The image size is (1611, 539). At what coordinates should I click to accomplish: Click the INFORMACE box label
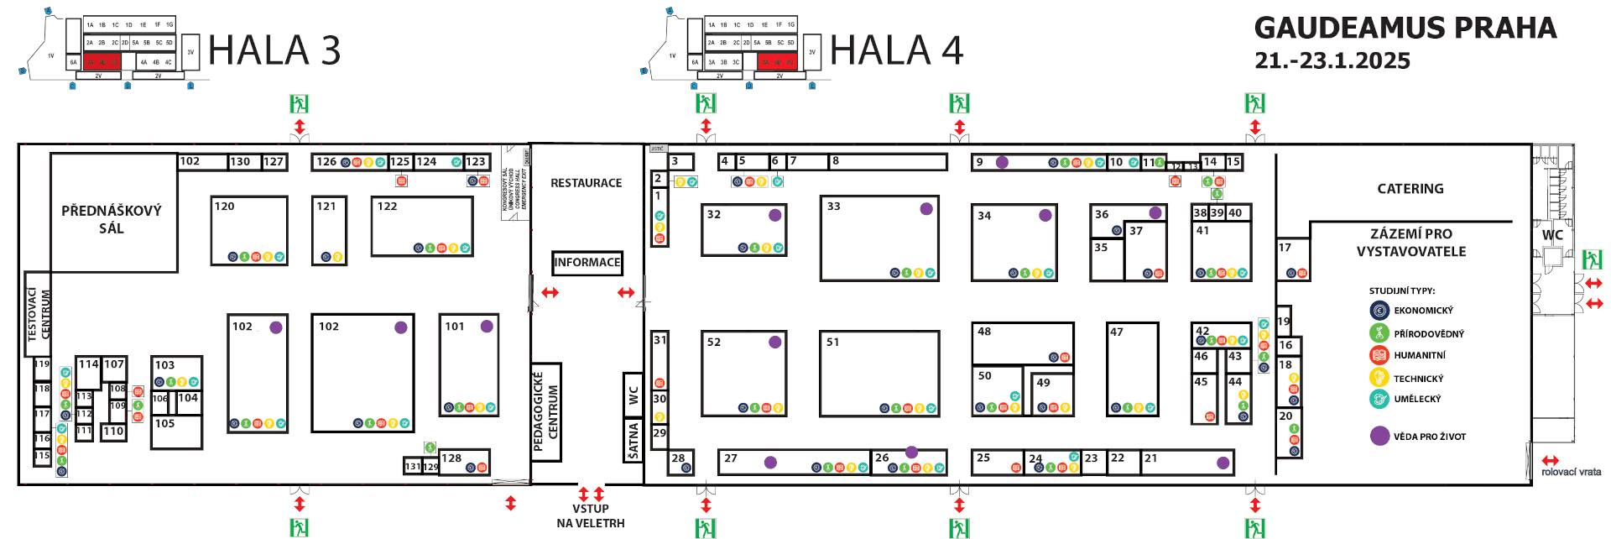pyautogui.click(x=587, y=263)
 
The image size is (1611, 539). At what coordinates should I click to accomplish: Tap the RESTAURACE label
pyautogui.click(x=586, y=183)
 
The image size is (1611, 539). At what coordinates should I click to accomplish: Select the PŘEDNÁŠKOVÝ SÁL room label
pyautogui.click(x=112, y=219)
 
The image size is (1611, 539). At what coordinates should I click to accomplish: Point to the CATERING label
pyautogui.click(x=1410, y=189)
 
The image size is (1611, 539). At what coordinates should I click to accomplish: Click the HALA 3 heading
pyautogui.click(x=274, y=50)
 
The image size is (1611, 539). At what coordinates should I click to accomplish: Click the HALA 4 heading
pyautogui.click(x=895, y=50)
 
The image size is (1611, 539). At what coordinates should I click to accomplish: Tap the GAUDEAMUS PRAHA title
pyautogui.click(x=1405, y=29)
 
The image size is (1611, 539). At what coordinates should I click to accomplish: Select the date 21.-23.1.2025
pyautogui.click(x=1332, y=61)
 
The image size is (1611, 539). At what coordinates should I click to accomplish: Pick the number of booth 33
pyautogui.click(x=833, y=207)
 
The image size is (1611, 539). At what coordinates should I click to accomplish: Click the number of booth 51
pyautogui.click(x=832, y=343)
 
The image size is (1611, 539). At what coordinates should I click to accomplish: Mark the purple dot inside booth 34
pyautogui.click(x=1045, y=216)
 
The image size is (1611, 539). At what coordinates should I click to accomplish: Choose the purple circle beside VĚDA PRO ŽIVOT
pyautogui.click(x=1379, y=436)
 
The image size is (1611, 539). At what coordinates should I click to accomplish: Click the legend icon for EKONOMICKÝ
pyautogui.click(x=1379, y=311)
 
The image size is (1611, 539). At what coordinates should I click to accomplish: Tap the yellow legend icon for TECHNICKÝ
pyautogui.click(x=1379, y=378)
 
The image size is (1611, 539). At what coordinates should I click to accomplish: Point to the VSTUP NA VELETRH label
pyautogui.click(x=590, y=515)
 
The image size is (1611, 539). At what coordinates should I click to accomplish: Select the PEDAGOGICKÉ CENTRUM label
pyautogui.click(x=545, y=412)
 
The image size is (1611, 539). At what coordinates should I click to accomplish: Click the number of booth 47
pyautogui.click(x=1116, y=332)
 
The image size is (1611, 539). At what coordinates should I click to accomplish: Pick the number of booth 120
pyautogui.click(x=224, y=207)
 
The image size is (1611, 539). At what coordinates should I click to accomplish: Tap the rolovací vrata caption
pyautogui.click(x=1571, y=472)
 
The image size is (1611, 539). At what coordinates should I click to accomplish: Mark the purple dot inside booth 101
pyautogui.click(x=487, y=326)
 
